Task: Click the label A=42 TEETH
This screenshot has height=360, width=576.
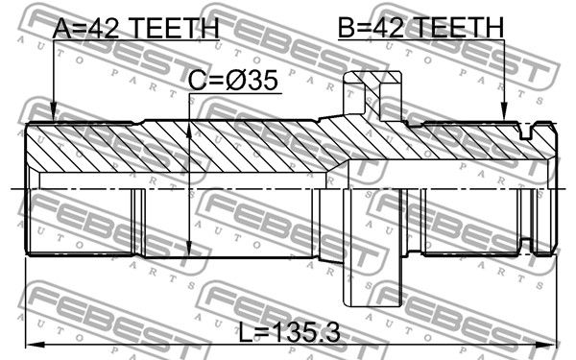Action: pyautogui.click(x=136, y=28)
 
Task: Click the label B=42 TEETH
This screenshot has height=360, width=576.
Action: pyautogui.click(x=421, y=28)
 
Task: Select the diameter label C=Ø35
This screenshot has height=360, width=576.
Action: pyautogui.click(x=233, y=81)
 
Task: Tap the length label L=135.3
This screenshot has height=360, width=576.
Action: pyautogui.click(x=290, y=332)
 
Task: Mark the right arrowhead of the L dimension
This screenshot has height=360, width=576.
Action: pyautogui.click(x=545, y=345)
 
